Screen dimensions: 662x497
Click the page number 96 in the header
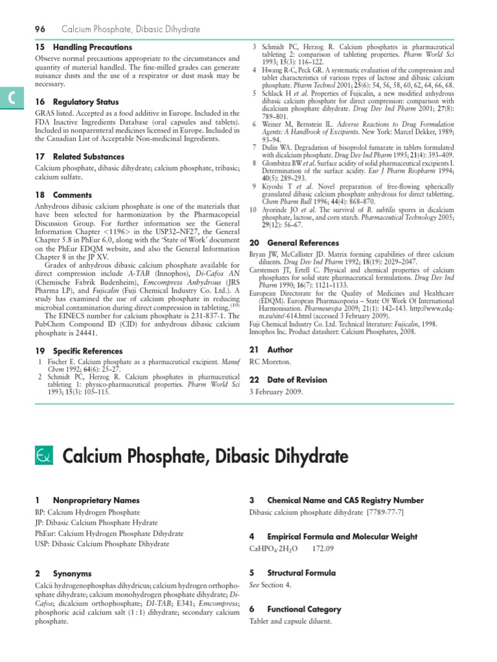39,29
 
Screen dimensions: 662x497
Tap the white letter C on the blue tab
12,97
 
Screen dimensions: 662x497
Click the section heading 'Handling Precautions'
92,47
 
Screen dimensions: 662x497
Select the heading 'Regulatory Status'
85,101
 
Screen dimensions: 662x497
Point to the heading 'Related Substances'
89,156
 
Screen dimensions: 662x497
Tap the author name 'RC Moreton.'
271,361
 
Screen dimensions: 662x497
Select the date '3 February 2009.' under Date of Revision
276,392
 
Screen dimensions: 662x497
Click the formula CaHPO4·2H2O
272,549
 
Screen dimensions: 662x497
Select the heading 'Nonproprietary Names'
96,500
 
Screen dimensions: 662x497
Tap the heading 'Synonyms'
72,573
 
